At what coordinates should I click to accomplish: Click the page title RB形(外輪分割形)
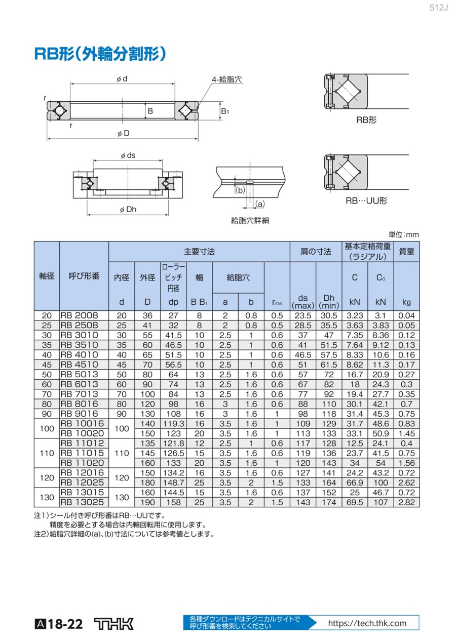point(100,54)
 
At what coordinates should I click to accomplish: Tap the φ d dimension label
point(122,79)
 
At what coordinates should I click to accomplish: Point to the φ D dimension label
point(124,133)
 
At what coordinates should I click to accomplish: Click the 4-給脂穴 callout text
point(226,79)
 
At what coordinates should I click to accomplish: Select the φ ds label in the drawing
point(128,155)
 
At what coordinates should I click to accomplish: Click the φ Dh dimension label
point(128,209)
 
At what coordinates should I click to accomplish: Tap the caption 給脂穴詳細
point(250,221)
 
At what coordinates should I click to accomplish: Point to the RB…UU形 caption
point(366,200)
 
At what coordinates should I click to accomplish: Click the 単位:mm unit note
point(404,234)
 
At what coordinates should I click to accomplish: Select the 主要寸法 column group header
point(199,252)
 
